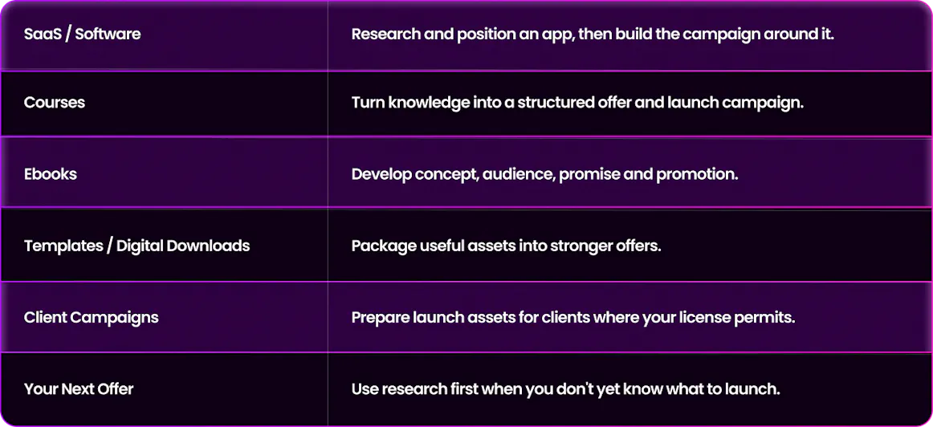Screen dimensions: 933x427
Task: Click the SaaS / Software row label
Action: (x=82, y=34)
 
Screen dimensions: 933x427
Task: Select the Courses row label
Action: (x=54, y=102)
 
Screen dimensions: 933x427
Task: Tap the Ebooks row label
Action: (x=51, y=175)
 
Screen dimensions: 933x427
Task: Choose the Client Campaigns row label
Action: (x=91, y=318)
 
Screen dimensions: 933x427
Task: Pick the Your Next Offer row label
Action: (x=79, y=389)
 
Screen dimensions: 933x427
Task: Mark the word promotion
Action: (x=698, y=176)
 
